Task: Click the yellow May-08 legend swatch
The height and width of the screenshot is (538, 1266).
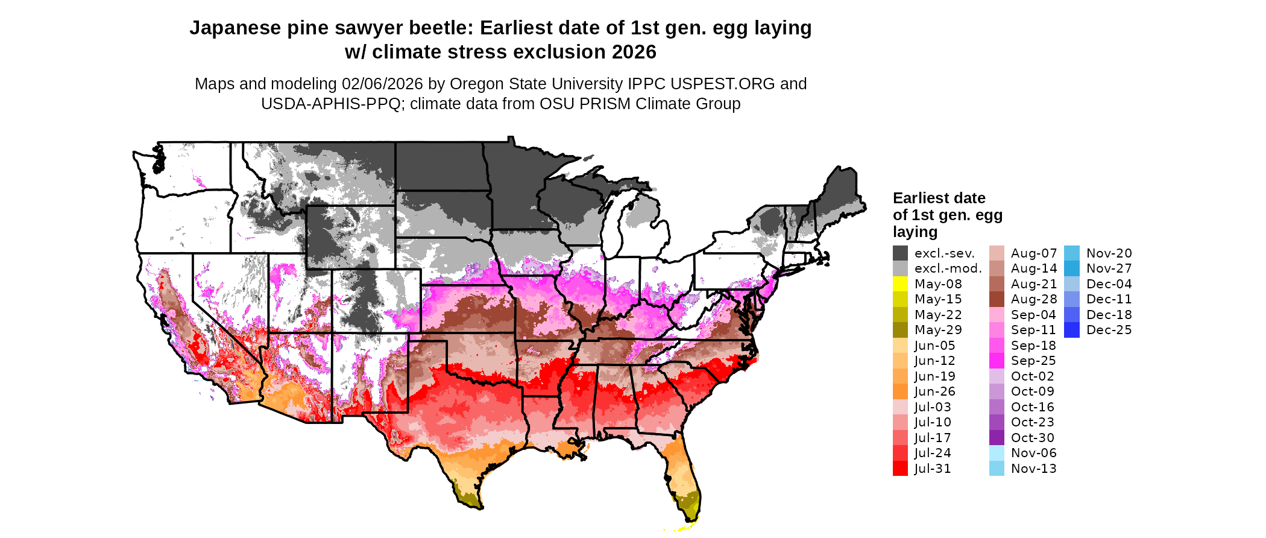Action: (900, 284)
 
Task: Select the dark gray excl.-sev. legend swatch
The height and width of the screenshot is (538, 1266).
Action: (900, 253)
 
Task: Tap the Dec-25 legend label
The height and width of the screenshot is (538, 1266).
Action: (1109, 330)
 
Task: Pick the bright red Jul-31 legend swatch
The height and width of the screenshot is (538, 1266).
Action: (900, 469)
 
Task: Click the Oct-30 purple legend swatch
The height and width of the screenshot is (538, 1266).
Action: (997, 438)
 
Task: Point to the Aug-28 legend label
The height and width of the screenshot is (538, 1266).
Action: (1034, 299)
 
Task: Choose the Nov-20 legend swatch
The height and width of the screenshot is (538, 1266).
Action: (1072, 253)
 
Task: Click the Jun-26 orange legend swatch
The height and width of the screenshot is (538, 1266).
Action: (900, 391)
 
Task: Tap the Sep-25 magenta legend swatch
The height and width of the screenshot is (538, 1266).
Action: (997, 361)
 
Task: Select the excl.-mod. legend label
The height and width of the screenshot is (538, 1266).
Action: (948, 268)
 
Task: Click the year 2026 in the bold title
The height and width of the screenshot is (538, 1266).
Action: (634, 52)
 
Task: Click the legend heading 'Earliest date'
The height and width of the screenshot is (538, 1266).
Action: (939, 198)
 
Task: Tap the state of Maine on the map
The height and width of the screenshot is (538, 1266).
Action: (840, 193)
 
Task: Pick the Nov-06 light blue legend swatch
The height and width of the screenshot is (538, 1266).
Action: (997, 453)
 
